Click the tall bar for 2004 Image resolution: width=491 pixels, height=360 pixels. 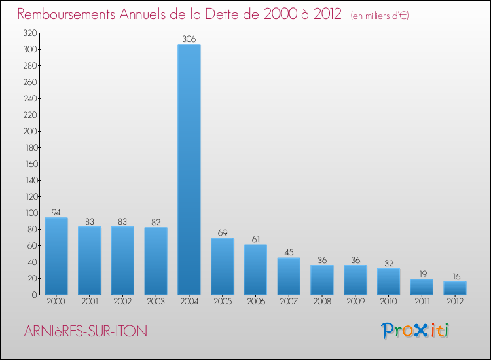(x=189, y=170)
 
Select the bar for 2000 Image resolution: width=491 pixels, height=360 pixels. (x=56, y=256)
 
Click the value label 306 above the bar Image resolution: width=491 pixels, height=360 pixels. (x=189, y=39)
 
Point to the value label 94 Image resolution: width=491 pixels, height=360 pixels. (x=56, y=213)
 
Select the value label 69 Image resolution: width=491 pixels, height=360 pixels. (x=223, y=233)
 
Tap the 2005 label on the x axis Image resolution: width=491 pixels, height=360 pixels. (x=223, y=301)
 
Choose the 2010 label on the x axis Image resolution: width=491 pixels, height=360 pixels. (x=388, y=301)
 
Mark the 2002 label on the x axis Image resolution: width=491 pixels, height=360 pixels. (x=122, y=301)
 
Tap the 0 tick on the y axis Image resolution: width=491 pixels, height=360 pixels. (x=34, y=295)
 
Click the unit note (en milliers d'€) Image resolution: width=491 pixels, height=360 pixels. (x=380, y=15)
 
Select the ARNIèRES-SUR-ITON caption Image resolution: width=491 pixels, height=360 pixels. (x=86, y=331)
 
